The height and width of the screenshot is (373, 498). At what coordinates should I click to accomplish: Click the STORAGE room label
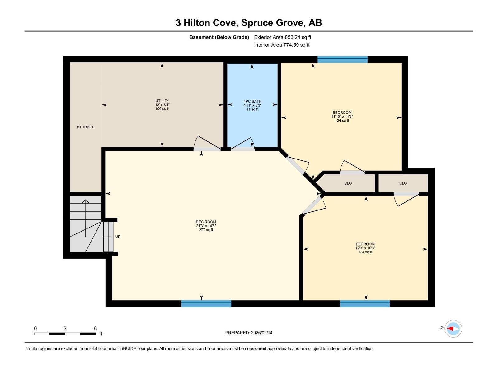(86, 127)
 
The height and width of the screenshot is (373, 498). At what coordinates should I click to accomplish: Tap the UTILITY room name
(162, 101)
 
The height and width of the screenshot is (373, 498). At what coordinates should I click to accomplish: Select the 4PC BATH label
(252, 101)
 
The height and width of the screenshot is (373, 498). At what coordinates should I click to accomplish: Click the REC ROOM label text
(206, 222)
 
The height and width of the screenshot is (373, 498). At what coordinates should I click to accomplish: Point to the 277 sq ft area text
(206, 230)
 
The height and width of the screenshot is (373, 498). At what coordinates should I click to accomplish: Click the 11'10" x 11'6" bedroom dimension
(342, 117)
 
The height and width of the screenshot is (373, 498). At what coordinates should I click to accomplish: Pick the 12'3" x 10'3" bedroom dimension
(365, 248)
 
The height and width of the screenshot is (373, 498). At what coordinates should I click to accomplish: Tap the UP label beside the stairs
(118, 237)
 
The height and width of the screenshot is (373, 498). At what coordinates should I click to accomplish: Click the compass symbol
(453, 329)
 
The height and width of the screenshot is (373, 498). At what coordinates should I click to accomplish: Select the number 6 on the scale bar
(96, 328)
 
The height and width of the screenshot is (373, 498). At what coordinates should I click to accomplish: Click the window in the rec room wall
(206, 304)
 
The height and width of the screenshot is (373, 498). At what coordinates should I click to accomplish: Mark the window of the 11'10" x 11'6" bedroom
(342, 60)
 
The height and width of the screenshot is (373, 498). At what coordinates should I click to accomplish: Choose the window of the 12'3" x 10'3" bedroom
(364, 304)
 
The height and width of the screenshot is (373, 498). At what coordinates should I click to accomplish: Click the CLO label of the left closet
(348, 183)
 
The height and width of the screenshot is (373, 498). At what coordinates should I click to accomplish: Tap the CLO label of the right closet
(403, 183)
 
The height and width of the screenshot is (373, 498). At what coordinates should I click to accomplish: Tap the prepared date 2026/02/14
(261, 333)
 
